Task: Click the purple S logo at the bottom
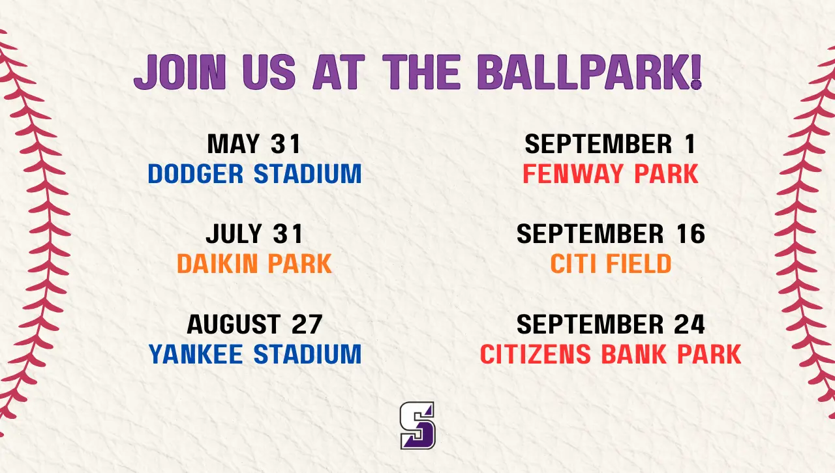coord(417,425)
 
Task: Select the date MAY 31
coord(254,144)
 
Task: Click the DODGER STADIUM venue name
coord(254,174)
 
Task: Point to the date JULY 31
coord(254,234)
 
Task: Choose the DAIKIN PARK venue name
coord(254,264)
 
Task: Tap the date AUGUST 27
coord(254,324)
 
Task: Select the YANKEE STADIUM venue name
coord(254,354)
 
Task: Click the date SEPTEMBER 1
coord(611,144)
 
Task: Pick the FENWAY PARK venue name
coord(611,174)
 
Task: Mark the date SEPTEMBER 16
coord(611,234)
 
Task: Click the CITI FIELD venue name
coord(611,264)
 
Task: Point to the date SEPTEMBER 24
coord(611,324)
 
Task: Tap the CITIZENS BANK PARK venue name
coord(611,354)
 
